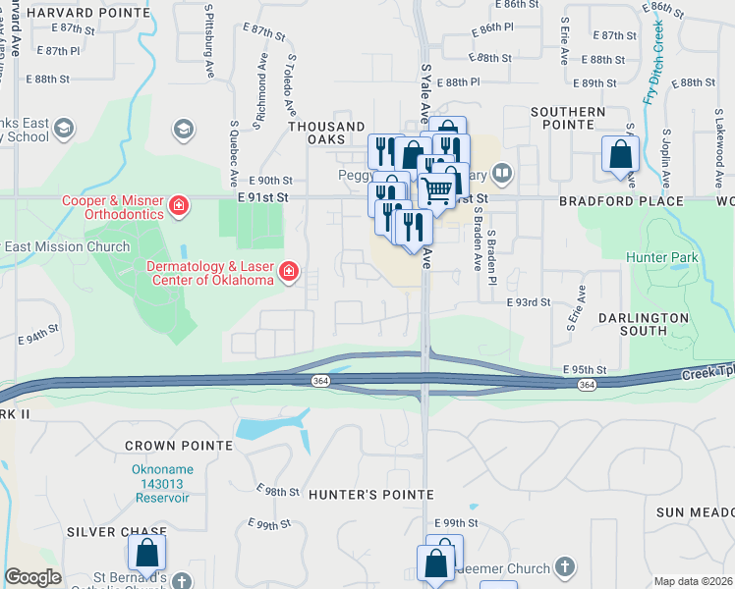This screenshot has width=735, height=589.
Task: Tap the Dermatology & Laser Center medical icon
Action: tap(289, 271)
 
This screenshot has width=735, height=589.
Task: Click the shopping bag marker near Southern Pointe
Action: tap(620, 154)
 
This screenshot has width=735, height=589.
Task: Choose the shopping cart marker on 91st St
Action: tap(439, 188)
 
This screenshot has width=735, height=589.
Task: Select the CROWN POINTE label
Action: tap(179, 446)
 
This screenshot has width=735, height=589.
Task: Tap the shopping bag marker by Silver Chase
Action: tap(147, 553)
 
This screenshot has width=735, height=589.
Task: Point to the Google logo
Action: tap(32, 577)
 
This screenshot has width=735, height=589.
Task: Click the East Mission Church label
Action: tap(66, 246)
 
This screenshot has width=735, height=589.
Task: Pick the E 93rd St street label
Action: tap(529, 302)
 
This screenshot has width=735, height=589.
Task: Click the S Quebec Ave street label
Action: tap(234, 155)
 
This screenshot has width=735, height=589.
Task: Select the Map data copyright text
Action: tap(694, 581)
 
